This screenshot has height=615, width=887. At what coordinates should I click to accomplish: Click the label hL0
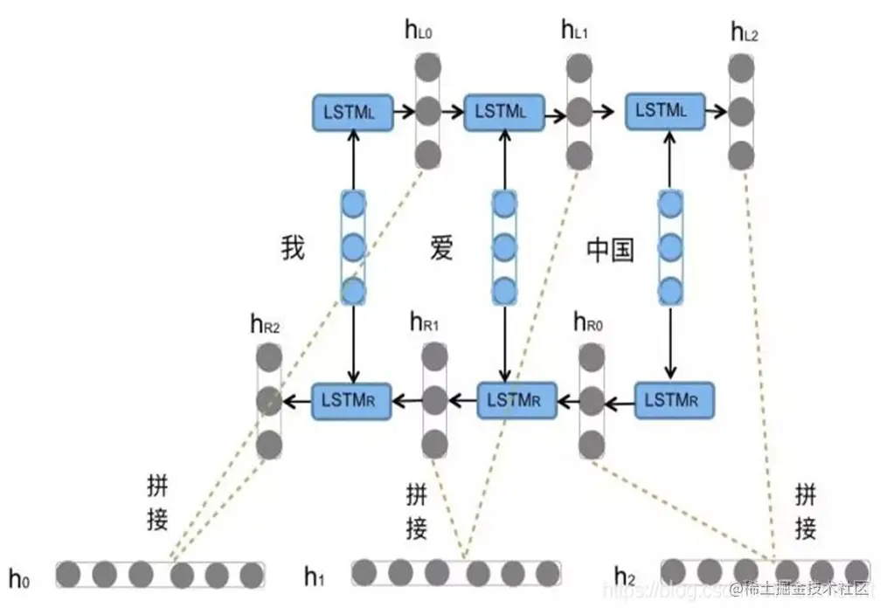tap(419, 32)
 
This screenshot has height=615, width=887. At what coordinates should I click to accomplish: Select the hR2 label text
tap(265, 325)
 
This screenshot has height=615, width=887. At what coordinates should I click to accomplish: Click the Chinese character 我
tap(293, 248)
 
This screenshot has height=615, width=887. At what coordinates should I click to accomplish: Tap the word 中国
tap(610, 251)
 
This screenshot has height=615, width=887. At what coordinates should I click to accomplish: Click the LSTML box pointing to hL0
tap(352, 112)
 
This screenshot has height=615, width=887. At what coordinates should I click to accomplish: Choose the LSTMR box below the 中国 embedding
tap(674, 401)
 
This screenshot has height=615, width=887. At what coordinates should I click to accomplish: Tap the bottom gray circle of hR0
tap(592, 441)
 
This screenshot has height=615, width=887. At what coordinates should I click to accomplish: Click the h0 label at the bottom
tap(19, 577)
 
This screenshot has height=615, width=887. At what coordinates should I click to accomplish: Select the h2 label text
tap(624, 576)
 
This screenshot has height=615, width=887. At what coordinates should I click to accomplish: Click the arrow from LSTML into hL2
tap(717, 112)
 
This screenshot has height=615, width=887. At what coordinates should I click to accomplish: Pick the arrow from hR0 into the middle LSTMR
tap(571, 402)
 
